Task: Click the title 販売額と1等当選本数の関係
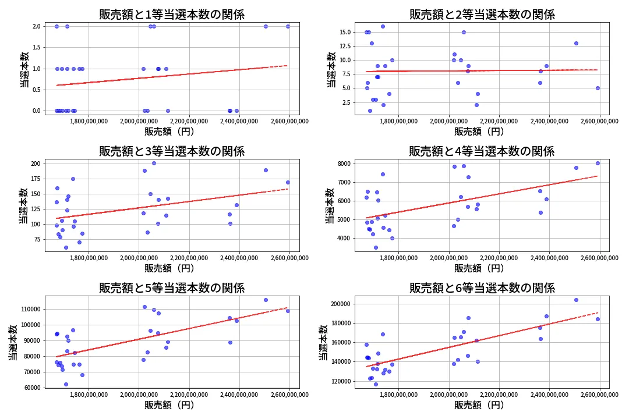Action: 172,15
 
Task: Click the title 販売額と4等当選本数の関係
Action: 482,151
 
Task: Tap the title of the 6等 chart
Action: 482,287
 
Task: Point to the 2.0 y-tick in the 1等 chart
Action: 36,26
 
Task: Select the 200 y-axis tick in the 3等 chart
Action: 34,164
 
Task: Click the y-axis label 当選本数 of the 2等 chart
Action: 331,69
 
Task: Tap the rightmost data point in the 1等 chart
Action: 288,26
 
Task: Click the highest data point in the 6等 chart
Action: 576,300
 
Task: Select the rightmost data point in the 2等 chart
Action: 598,88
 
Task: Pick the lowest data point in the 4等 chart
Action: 376,247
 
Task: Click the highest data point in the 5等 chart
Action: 266,300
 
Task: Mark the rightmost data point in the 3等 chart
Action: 288,182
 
